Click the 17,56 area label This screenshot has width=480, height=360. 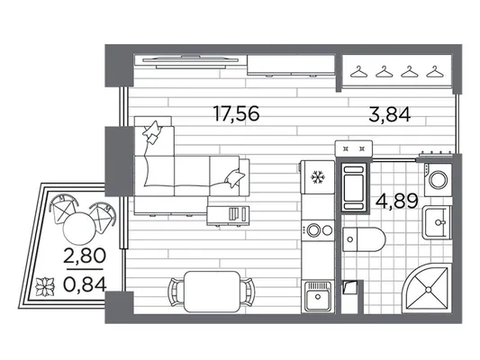[236, 113]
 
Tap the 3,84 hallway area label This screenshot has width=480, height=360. [389, 115]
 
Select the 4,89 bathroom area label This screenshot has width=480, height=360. [397, 202]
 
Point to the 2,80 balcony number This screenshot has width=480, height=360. [85, 256]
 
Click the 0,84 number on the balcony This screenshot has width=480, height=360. [85, 284]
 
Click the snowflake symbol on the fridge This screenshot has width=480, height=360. [318, 177]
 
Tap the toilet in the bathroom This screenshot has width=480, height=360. [363, 239]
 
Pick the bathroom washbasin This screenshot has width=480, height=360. [437, 222]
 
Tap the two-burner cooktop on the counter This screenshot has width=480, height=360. [318, 230]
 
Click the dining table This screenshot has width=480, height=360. [212, 292]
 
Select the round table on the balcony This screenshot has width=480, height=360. [79, 228]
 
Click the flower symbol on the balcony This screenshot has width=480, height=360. [45, 286]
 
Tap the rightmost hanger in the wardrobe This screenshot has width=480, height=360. [435, 72]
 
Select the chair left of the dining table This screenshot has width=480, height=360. [176, 292]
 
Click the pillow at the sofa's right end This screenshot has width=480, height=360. [235, 178]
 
